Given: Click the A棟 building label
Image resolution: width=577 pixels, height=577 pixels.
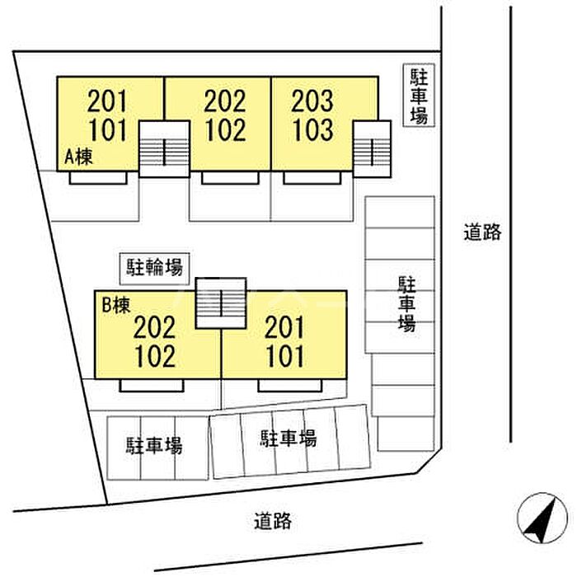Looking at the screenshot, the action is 79,157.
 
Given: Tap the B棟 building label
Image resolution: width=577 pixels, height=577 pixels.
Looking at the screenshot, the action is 116,305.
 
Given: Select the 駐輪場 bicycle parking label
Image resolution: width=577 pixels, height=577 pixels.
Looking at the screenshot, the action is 155,268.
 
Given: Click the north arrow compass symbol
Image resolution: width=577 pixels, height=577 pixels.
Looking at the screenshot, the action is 542,518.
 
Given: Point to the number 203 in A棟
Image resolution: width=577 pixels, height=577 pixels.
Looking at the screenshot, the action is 312,101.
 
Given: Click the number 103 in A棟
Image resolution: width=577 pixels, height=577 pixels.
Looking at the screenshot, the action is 313,130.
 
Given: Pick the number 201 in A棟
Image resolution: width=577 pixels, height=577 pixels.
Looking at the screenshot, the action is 107,101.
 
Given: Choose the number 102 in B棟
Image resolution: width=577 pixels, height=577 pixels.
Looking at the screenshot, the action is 155,356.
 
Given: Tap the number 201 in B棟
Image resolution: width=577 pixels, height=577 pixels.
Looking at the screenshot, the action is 284,327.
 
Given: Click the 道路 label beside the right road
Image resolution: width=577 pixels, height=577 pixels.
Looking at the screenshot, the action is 482,232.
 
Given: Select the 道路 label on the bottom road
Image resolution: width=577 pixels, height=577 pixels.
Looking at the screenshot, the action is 273,521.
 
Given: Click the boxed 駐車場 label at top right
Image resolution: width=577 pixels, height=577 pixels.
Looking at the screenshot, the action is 419,96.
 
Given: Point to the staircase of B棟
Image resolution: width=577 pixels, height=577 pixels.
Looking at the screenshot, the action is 221,303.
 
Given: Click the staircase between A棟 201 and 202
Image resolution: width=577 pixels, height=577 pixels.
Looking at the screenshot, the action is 164,149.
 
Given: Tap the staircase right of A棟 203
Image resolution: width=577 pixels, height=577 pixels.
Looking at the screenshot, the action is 372,149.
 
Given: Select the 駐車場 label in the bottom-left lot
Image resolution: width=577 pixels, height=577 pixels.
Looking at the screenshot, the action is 155,446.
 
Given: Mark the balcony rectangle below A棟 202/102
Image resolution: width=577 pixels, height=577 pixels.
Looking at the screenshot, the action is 230,178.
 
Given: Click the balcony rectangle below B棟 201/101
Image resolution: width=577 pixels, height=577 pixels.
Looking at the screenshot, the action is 290,386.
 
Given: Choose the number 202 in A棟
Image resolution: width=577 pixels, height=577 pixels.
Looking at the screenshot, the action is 225,101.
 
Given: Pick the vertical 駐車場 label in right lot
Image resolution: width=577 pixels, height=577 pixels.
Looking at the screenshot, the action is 406,304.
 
